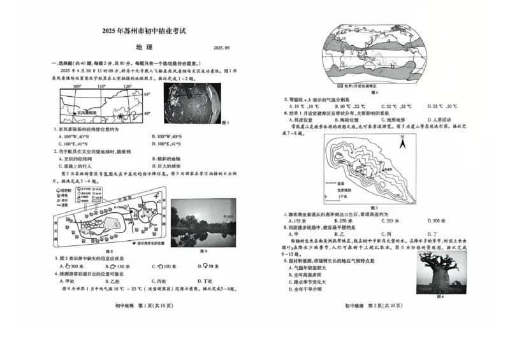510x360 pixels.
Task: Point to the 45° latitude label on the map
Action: (148, 94)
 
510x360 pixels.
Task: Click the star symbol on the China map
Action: (119, 117)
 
